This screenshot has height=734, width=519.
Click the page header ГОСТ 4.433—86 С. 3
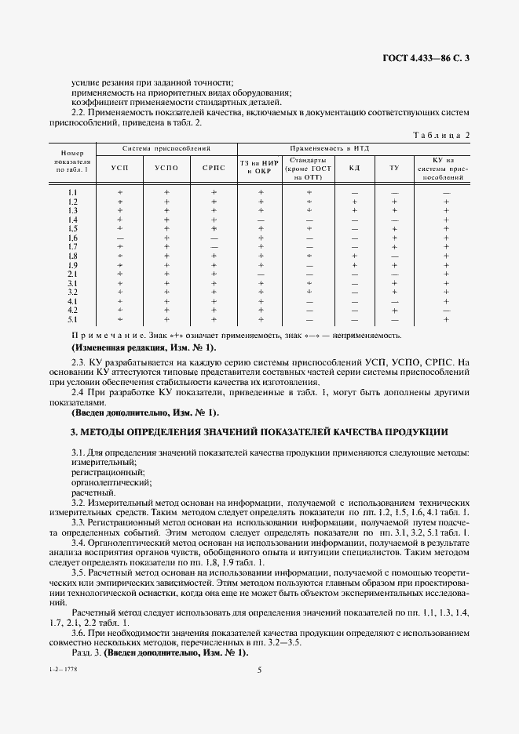pyautogui.click(x=426, y=56)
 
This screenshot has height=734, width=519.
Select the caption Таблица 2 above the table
pyautogui.click(x=441, y=135)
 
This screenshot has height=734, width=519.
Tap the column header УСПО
pyautogui.click(x=166, y=168)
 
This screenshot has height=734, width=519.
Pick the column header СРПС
pyautogui.click(x=214, y=168)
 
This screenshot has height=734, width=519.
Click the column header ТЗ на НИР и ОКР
pyautogui.click(x=260, y=168)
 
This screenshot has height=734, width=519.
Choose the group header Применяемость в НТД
pyautogui.click(x=330, y=148)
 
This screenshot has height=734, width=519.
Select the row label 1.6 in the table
pyautogui.click(x=73, y=238)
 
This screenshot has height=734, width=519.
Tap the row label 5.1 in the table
pyautogui.click(x=73, y=319)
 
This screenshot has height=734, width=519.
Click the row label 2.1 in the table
pyautogui.click(x=73, y=274)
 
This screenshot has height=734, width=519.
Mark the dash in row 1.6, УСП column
pyautogui.click(x=120, y=238)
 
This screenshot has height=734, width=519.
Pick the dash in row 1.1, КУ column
pyautogui.click(x=446, y=193)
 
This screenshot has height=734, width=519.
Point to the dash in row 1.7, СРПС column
pyautogui.click(x=214, y=247)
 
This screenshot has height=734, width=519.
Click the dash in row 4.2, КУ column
pyautogui.click(x=446, y=311)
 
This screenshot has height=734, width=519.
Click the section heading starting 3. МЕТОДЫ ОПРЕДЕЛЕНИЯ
pyautogui.click(x=259, y=431)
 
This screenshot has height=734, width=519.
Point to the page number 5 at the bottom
pyautogui.click(x=259, y=670)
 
